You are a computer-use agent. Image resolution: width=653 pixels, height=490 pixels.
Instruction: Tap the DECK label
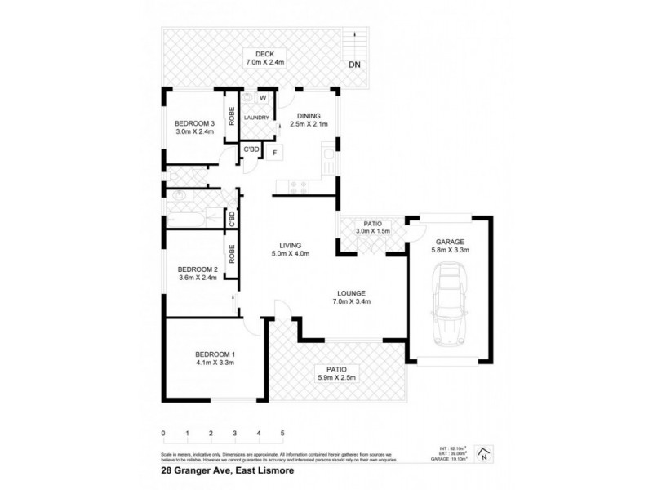click(x=264, y=53)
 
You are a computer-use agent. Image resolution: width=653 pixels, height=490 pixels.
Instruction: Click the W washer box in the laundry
click(x=263, y=98)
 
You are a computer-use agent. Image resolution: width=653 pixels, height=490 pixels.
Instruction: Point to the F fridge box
click(x=275, y=152)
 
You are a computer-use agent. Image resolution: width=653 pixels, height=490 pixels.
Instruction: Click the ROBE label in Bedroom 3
click(x=231, y=116)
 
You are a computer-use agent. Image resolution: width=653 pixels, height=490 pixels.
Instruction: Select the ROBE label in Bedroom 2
click(x=232, y=256)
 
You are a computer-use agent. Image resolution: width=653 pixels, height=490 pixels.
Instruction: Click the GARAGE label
click(x=449, y=242)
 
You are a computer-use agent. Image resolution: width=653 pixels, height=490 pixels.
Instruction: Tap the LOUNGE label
click(x=353, y=292)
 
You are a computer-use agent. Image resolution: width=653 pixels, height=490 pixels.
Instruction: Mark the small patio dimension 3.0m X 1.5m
click(x=372, y=232)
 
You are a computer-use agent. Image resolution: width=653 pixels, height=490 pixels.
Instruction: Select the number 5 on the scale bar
click(x=282, y=433)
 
